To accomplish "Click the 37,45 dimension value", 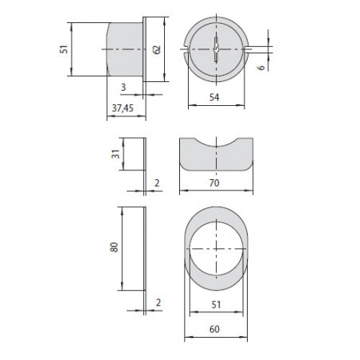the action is click(x=123, y=108).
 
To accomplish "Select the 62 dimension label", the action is click(x=157, y=49).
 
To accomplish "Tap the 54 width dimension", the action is click(x=214, y=97).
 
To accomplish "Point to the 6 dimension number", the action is click(x=261, y=67).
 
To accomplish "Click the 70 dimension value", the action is click(x=214, y=183).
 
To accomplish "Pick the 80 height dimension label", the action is click(x=114, y=247).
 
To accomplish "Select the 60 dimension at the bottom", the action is click(x=214, y=329).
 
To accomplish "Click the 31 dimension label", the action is click(x=115, y=155).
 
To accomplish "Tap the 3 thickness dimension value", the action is click(x=123, y=87).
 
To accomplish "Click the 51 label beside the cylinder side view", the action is click(x=64, y=49).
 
